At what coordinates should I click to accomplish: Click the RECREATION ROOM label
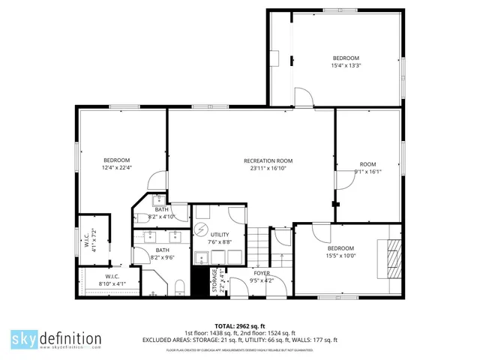268,160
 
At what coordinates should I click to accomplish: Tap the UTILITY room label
220,235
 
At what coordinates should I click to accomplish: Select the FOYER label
262,274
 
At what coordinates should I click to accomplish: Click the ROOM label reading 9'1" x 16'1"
367,164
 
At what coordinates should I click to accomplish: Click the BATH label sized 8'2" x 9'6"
162,250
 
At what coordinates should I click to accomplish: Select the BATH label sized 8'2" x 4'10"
161,209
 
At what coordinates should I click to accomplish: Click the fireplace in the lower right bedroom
393,257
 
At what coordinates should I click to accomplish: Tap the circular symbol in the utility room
201,229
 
